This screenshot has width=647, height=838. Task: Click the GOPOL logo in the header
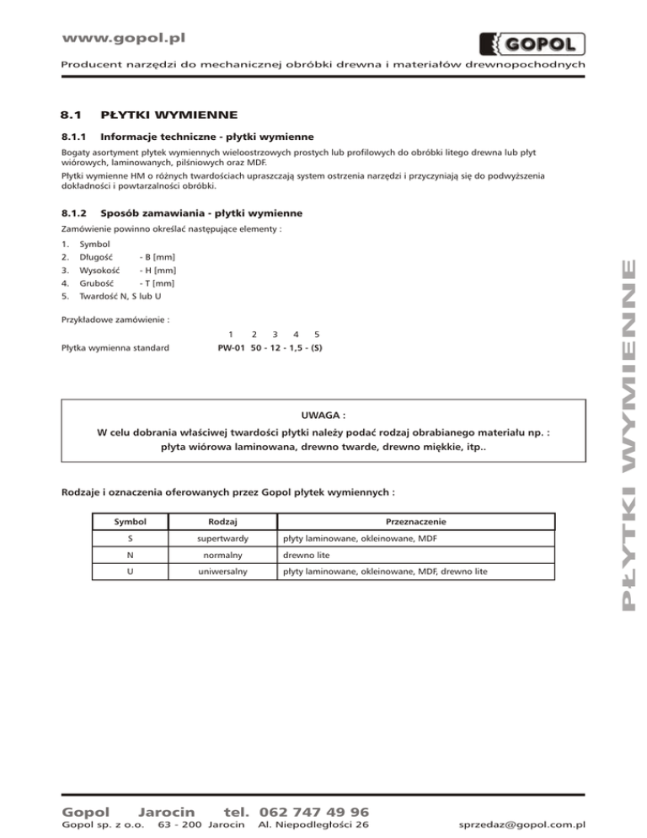[x=532, y=42]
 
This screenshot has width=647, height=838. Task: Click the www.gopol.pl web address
[x=125, y=38]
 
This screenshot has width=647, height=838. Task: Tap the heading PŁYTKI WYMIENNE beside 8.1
[x=168, y=114]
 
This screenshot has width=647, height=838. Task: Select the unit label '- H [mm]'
[x=158, y=270]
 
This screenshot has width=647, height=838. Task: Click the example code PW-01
[x=226, y=347]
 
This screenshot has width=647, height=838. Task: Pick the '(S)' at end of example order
[x=316, y=347]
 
